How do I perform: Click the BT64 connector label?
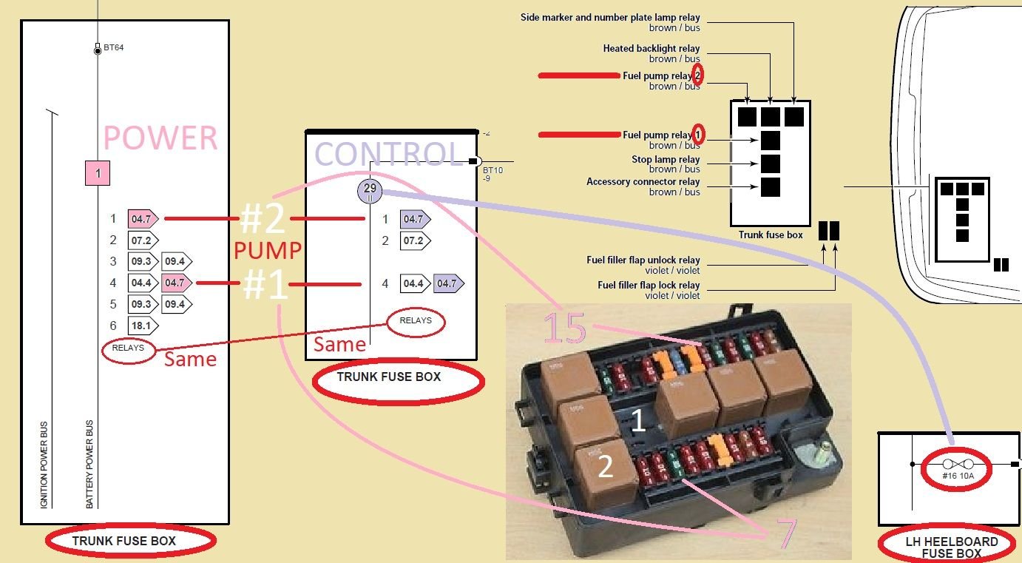(113, 49)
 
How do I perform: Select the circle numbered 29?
(370, 189)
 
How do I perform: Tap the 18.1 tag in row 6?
(141, 325)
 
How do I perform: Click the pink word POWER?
(160, 138)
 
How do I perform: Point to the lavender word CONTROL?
(388, 154)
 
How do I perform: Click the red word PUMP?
(268, 251)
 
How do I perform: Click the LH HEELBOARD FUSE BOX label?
(952, 547)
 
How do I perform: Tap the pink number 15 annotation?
(565, 328)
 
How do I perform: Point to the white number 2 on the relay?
(605, 467)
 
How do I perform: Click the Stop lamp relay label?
(666, 160)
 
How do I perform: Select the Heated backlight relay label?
(652, 49)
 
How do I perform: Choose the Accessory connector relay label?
(643, 182)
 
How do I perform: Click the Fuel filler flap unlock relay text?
(643, 260)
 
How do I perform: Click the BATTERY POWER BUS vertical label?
(89, 464)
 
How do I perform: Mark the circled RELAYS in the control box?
(416, 321)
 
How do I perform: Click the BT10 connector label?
(493, 170)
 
